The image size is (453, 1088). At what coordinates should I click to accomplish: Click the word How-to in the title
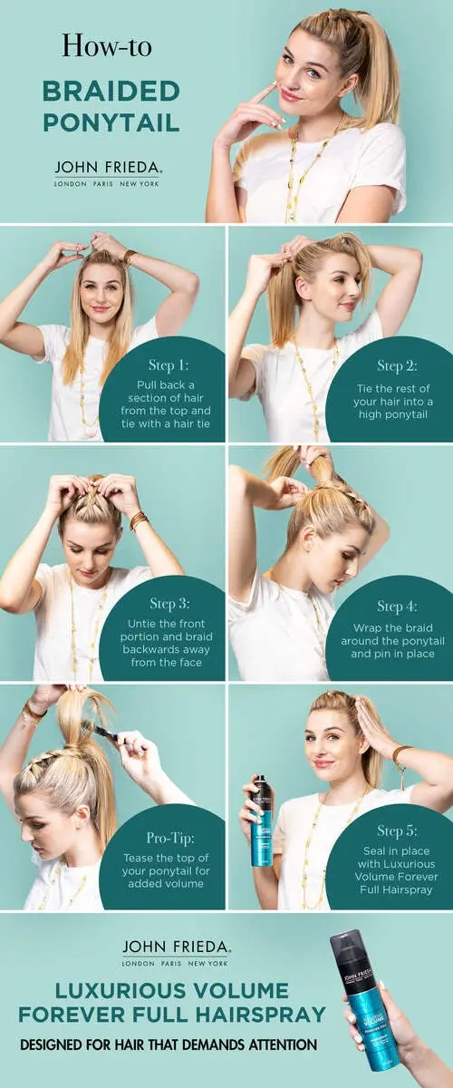107,46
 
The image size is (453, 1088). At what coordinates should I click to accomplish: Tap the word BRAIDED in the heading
111,92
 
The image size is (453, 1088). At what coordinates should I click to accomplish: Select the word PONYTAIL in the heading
111,121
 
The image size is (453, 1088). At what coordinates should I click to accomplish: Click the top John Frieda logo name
108,168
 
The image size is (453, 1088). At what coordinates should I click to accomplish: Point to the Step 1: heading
169,364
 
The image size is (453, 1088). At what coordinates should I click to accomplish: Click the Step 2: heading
397,365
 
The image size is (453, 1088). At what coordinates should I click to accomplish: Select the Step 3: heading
169,603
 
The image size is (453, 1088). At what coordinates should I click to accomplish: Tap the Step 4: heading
397,607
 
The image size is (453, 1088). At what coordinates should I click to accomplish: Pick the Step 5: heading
397,831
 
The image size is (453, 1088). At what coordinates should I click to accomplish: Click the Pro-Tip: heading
170,838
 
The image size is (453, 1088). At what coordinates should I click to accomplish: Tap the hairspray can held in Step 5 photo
262,821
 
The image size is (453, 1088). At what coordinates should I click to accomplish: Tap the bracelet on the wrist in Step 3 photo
138,520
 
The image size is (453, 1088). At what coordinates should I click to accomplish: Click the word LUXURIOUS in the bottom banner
120,990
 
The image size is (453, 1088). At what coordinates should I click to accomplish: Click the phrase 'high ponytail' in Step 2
393,414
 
